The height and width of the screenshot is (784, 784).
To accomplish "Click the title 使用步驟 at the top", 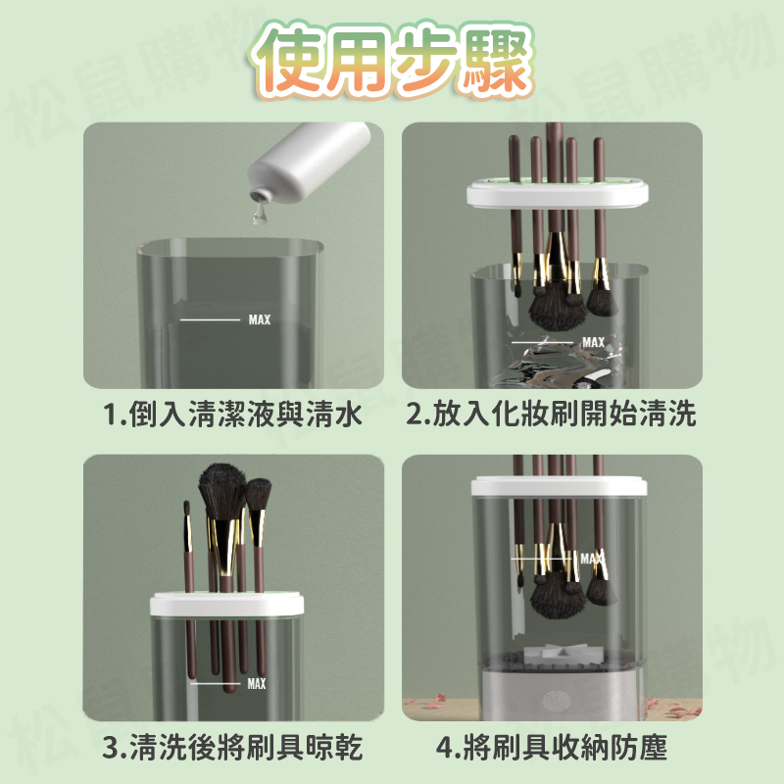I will coord(392,61).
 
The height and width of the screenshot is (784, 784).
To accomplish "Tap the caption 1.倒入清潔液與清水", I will coord(233,416).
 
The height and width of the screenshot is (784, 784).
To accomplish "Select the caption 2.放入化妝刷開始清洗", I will coord(552,416).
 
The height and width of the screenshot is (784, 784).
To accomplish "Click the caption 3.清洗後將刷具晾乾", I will coord(233,750).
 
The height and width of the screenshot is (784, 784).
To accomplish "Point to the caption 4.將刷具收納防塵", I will coord(552,750).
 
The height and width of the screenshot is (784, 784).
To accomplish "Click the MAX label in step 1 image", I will coord(260,319).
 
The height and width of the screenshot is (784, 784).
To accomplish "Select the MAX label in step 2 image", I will coord(593,342).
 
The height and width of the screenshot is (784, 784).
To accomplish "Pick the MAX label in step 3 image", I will coord(256,684).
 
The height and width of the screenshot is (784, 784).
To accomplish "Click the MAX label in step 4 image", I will coord(591,559).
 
